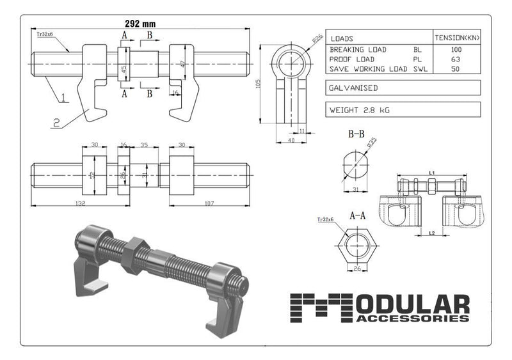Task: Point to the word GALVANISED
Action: (353, 88)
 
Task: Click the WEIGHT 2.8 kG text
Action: (359, 110)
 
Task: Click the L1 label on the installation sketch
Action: (431, 173)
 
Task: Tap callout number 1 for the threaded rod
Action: (64, 99)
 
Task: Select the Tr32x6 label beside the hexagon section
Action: (326, 221)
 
